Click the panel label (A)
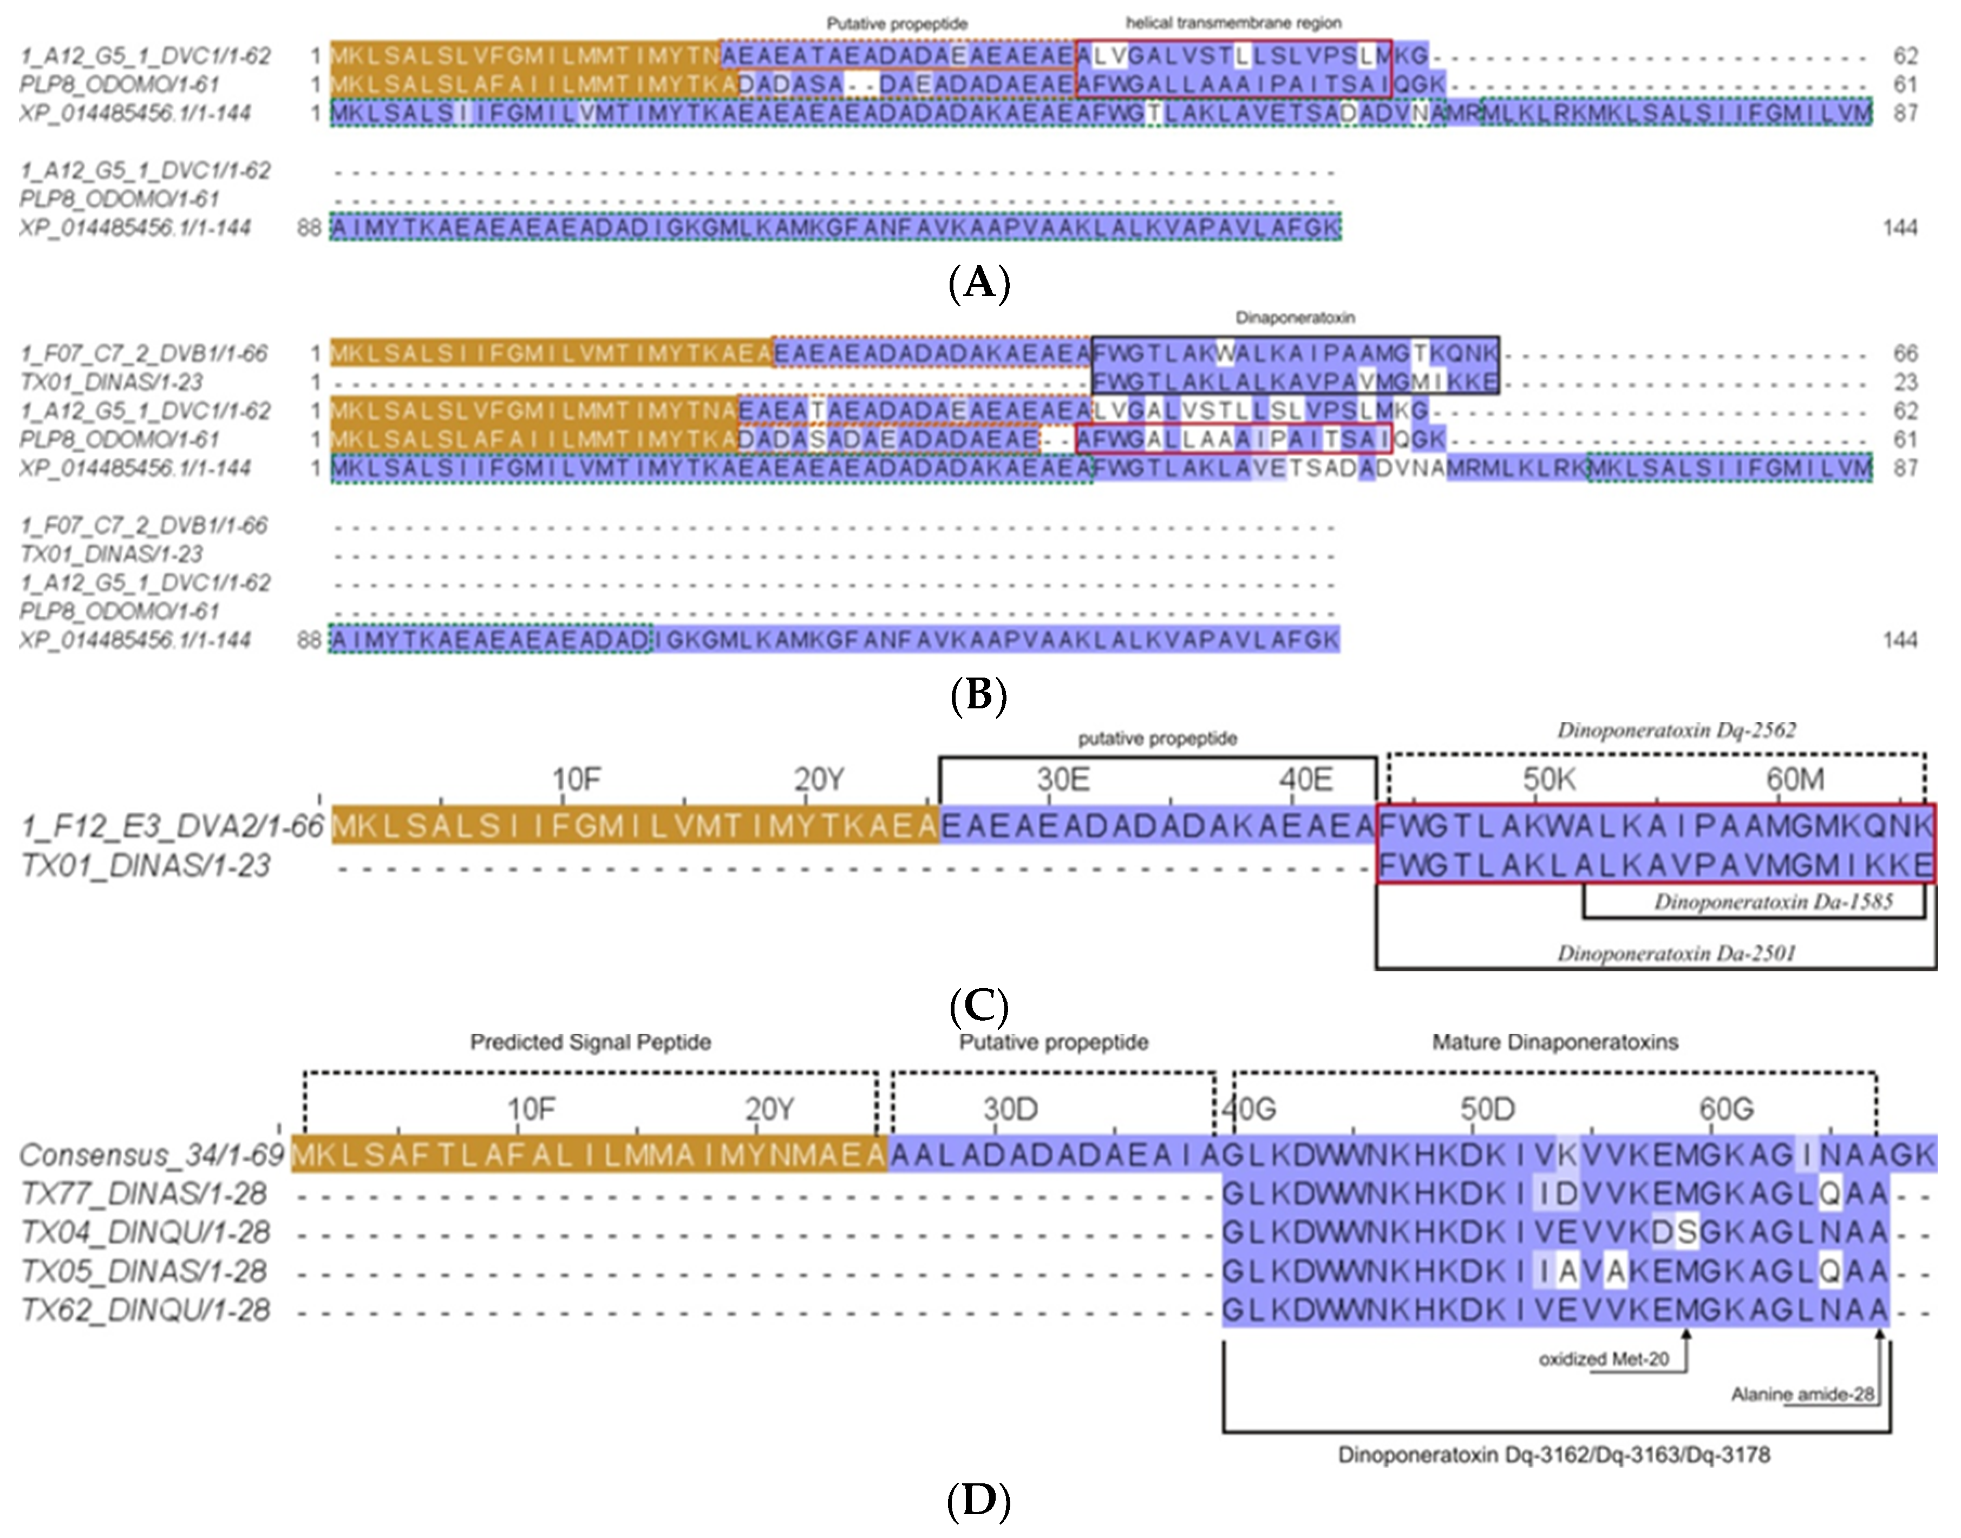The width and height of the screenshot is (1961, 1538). click(x=979, y=284)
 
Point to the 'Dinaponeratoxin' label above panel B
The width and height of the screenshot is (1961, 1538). click(x=1295, y=318)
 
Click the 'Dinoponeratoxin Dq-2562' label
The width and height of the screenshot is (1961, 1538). click(x=1676, y=730)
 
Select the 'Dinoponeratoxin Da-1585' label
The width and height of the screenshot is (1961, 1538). click(x=1773, y=902)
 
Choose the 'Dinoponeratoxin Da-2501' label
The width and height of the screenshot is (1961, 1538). click(x=1676, y=952)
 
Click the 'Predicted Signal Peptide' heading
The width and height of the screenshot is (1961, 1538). click(x=590, y=1042)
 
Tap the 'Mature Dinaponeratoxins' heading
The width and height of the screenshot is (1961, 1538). click(x=1555, y=1042)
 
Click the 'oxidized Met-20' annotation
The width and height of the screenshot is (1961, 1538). click(x=1603, y=1359)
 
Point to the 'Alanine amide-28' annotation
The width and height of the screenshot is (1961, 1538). click(x=1802, y=1394)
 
